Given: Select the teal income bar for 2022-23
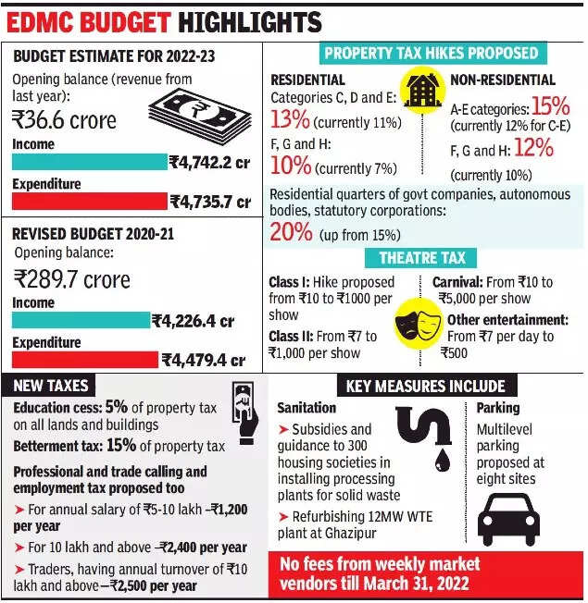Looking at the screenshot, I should click(88, 162).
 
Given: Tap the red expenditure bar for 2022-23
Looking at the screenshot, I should click(88, 201).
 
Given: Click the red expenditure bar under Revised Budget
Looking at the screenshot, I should click(84, 360).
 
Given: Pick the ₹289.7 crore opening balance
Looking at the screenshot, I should click(72, 278).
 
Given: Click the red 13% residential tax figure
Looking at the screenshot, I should click(290, 119).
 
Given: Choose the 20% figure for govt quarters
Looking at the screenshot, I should click(292, 232).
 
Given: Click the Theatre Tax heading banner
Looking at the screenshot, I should click(421, 258).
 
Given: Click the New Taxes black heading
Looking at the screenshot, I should click(53, 385).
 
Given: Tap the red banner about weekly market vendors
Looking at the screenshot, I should click(426, 573).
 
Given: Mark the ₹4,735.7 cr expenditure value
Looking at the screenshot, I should click(210, 201).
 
